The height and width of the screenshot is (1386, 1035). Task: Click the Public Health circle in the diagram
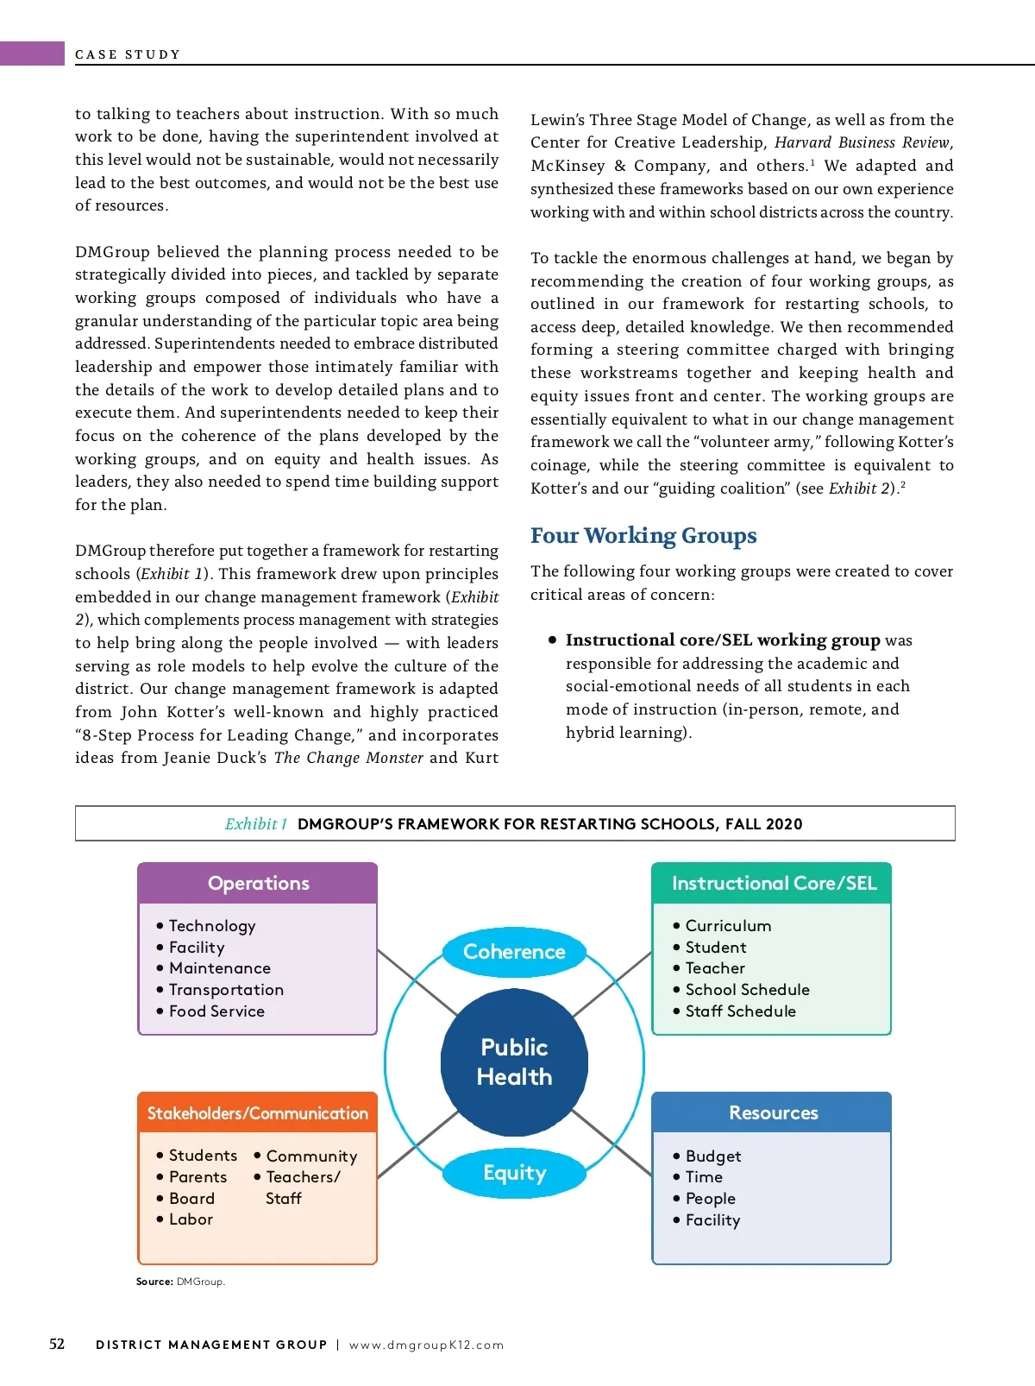[x=514, y=1062]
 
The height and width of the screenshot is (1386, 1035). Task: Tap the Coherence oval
[x=514, y=952]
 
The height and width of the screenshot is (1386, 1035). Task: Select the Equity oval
[x=514, y=1173]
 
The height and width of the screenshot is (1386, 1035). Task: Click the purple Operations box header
[x=258, y=883]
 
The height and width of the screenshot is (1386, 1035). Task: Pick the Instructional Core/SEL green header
[x=773, y=883]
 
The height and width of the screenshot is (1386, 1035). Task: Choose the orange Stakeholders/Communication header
[x=257, y=1113]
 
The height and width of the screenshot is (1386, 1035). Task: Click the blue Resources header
[x=773, y=1113]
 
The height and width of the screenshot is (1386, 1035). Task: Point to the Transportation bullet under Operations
[x=226, y=990]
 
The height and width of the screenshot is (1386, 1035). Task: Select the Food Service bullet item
[x=216, y=1011]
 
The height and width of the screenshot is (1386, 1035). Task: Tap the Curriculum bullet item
[x=728, y=926]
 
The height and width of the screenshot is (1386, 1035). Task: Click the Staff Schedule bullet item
[x=740, y=1011]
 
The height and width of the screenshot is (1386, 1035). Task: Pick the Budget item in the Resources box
[x=713, y=1156]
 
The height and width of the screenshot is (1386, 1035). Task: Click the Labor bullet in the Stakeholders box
[x=191, y=1219]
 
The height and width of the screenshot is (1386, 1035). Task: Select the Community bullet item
[x=311, y=1156]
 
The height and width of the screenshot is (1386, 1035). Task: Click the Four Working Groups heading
[x=643, y=536]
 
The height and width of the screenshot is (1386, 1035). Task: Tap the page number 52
[x=57, y=1344]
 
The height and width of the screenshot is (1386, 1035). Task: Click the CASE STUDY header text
[x=128, y=54]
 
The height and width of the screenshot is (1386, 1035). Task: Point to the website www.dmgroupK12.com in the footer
[x=426, y=1345]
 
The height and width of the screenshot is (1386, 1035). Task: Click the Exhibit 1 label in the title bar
[x=255, y=824]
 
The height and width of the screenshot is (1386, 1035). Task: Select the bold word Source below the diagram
[x=154, y=1282]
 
